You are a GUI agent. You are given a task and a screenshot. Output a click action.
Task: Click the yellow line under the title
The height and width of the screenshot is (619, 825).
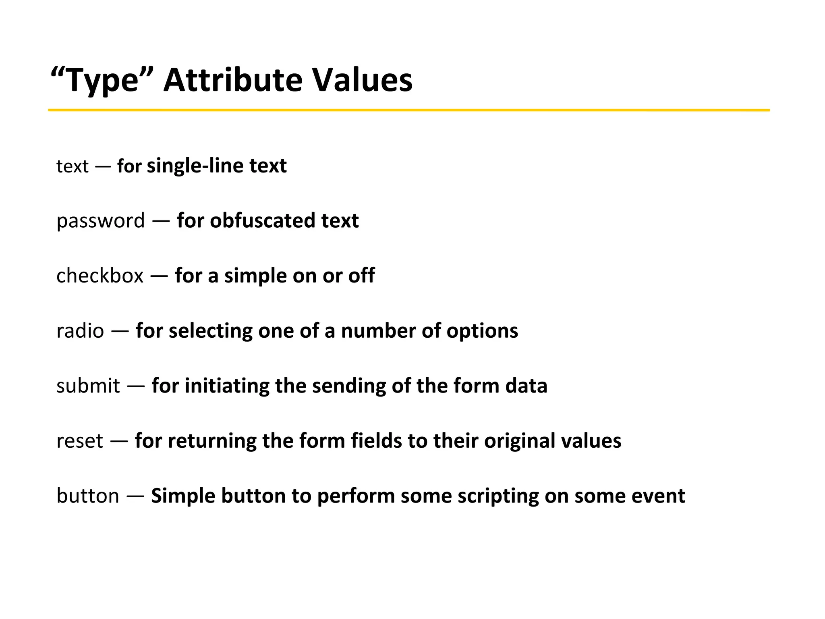(408, 110)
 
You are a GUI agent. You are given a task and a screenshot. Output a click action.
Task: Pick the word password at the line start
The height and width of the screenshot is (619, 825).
(100, 221)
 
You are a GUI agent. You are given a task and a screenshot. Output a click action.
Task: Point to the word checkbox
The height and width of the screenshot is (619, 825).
(99, 276)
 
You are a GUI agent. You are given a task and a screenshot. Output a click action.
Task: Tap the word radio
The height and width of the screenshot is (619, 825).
(80, 331)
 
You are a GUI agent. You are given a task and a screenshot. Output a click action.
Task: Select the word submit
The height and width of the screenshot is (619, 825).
(88, 386)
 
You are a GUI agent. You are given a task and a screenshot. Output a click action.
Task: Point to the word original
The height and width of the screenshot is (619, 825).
(520, 441)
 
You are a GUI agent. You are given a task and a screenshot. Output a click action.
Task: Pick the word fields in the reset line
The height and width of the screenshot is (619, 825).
(376, 441)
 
